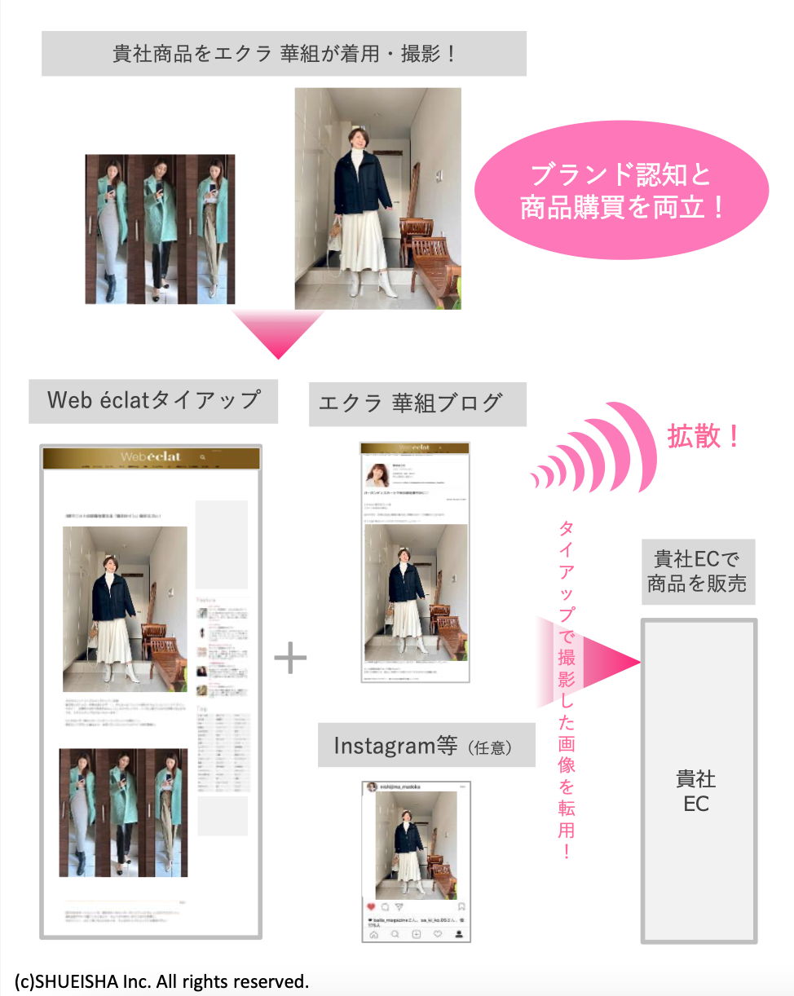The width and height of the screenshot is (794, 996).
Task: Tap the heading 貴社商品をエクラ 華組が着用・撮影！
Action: coord(284,54)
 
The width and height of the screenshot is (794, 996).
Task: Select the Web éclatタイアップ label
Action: coord(153,400)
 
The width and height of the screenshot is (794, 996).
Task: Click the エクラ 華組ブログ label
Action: coord(417,403)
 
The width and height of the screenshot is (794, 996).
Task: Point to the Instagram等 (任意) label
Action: coord(426,746)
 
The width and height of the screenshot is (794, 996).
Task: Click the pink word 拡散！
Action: coord(704,437)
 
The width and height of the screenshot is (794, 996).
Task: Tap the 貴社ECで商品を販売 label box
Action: coord(697,571)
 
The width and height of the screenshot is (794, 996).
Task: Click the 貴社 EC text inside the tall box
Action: coord(696,791)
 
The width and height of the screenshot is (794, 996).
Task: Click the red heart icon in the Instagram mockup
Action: coord(372,906)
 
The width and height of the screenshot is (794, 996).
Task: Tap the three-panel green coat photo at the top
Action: coord(160,229)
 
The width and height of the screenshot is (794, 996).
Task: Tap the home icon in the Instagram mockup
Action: coord(373,934)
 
